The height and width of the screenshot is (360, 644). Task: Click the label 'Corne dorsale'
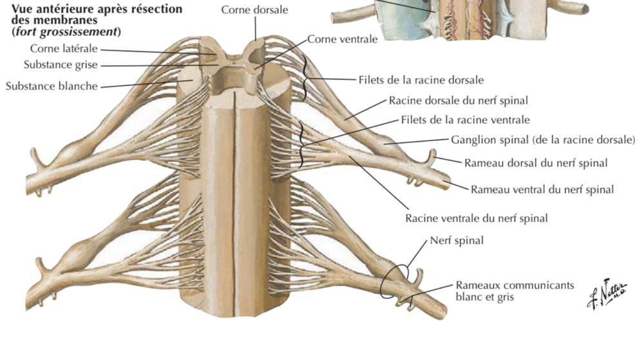(x=254, y=10)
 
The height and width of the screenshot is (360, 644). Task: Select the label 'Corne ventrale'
(x=342, y=39)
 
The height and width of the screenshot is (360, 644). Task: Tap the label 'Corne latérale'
(x=63, y=48)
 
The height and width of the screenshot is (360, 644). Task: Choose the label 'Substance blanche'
(x=52, y=86)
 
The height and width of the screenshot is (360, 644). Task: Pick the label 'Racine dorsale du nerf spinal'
(x=458, y=100)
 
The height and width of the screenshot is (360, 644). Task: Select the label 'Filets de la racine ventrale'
(x=465, y=120)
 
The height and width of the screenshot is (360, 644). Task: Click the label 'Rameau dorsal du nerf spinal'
(x=535, y=163)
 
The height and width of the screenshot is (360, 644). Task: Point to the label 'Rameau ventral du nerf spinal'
(x=542, y=189)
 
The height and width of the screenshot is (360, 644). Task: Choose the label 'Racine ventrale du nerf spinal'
(x=476, y=218)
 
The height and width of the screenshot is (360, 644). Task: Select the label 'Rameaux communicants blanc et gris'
(x=514, y=291)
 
